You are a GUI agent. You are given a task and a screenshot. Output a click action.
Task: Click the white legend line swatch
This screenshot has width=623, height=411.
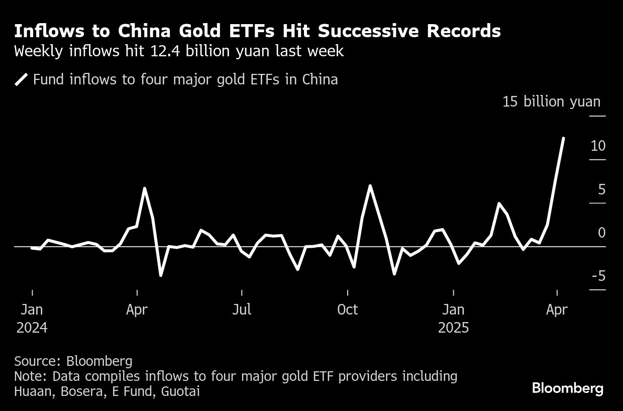[22, 79]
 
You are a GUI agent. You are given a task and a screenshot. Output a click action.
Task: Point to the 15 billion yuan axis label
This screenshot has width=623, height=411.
[551, 102]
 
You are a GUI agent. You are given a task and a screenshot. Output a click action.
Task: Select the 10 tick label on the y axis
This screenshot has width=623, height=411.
[598, 146]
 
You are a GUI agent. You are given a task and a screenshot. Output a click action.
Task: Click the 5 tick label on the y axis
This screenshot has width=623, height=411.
[601, 189]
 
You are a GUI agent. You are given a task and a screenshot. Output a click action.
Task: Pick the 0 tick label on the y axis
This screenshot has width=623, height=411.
[601, 233]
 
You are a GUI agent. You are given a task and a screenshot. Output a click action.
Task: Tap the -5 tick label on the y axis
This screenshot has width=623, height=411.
[597, 276]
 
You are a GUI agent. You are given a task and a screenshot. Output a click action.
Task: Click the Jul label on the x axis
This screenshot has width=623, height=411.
[242, 310]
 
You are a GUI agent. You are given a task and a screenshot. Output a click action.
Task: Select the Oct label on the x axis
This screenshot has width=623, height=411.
[348, 310]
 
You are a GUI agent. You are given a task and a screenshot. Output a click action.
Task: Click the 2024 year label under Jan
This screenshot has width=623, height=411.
[32, 328]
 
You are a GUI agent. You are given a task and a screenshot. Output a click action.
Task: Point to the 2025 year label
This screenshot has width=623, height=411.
[453, 328]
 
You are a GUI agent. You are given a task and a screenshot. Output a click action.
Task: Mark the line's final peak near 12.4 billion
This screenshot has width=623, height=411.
[563, 138]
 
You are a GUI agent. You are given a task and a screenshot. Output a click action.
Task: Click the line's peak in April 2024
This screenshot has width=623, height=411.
[145, 188]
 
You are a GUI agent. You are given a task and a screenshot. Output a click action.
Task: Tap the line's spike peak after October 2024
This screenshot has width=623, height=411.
[370, 186]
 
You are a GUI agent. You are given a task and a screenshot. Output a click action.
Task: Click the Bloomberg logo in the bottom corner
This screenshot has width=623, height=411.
[567, 388]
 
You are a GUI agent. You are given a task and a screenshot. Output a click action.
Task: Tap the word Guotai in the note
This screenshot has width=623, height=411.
[180, 391]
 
